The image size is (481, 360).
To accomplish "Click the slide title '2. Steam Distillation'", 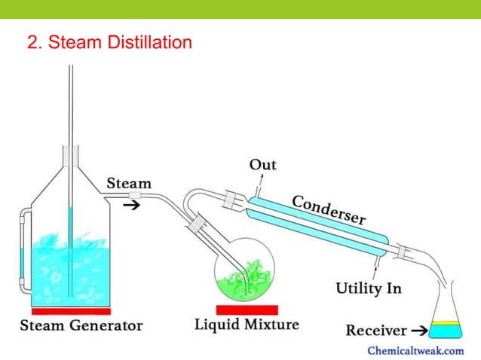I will click(109, 43).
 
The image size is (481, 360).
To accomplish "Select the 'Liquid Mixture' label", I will click(247, 325).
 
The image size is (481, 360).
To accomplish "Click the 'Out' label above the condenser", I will click(262, 165).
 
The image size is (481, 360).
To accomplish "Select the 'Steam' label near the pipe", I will click(128, 183).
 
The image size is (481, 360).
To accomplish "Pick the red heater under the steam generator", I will click(71, 311).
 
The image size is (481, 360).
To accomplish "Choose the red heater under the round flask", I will click(247, 310).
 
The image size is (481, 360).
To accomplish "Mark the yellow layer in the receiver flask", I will click(446, 324).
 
